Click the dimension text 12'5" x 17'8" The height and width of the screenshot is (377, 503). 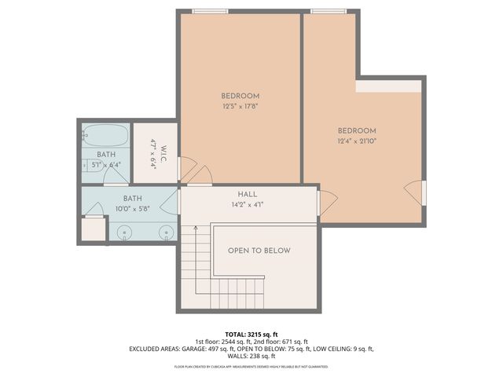[x=240, y=108]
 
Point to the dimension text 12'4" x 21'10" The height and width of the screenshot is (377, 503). [x=357, y=142]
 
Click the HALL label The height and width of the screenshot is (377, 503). [x=247, y=194]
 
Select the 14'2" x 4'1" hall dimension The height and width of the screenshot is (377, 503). [x=247, y=204]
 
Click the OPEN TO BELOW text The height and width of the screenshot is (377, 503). [x=259, y=251]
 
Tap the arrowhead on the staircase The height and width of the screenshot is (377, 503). [x=195, y=227]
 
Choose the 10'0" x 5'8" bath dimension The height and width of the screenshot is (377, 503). [x=132, y=210]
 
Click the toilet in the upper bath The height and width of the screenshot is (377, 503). [x=86, y=166]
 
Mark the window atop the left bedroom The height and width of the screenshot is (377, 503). [x=211, y=11]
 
